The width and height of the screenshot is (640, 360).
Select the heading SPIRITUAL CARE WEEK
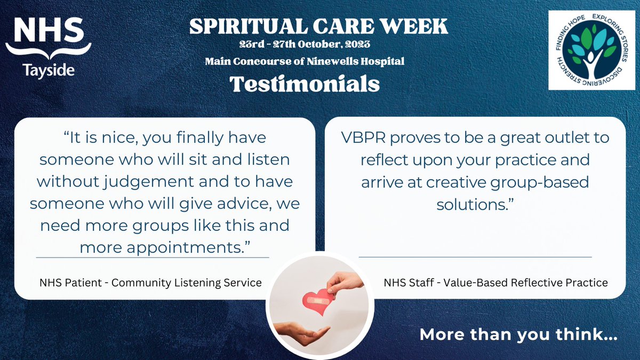(319, 26)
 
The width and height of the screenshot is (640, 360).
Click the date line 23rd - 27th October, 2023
(305, 44)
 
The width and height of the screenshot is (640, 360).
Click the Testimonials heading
(305, 84)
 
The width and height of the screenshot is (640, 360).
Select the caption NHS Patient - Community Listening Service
(150, 283)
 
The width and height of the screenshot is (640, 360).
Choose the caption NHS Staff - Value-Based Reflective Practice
(495, 283)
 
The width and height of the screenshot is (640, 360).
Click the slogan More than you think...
(518, 335)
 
